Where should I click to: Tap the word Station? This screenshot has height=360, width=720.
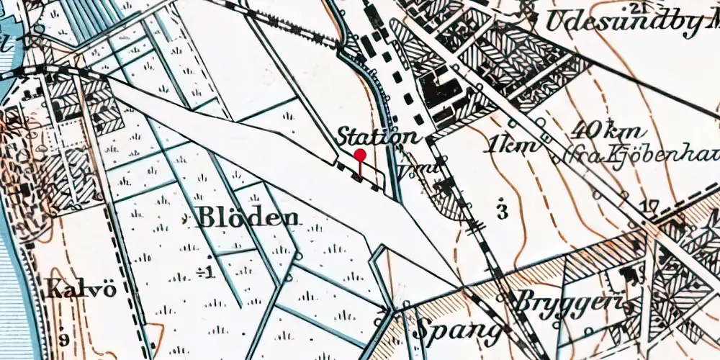(377, 136)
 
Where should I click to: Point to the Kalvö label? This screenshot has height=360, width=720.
(70, 291)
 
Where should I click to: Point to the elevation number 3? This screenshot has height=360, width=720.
(502, 211)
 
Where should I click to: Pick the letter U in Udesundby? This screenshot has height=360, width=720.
(554, 22)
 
